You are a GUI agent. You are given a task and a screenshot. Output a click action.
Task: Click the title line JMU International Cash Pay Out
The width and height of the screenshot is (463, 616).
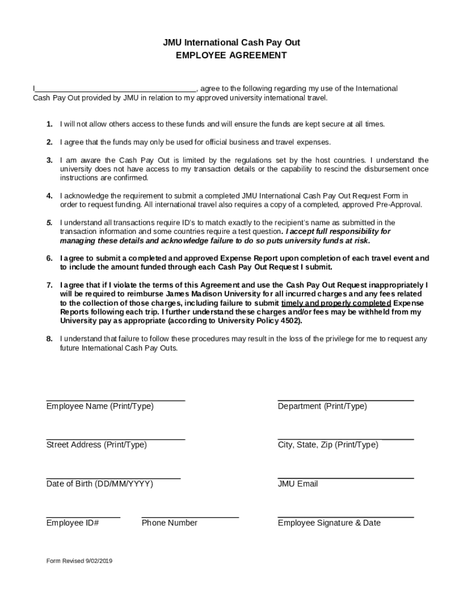click(x=231, y=43)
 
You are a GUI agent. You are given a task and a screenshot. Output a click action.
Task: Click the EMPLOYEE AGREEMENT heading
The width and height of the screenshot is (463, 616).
click(x=231, y=55)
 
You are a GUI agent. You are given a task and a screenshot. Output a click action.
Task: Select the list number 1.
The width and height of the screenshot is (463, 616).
click(x=49, y=124)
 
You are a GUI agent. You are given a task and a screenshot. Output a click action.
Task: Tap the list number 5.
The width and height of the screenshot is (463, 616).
click(x=49, y=223)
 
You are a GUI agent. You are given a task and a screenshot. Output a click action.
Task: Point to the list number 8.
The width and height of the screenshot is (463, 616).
click(x=49, y=339)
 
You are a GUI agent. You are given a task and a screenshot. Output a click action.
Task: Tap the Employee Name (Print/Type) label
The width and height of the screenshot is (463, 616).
click(x=100, y=406)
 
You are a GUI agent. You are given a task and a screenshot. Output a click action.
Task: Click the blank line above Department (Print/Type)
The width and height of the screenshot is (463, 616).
click(x=345, y=399)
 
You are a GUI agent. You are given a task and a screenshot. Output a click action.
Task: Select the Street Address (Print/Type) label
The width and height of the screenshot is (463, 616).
click(x=96, y=445)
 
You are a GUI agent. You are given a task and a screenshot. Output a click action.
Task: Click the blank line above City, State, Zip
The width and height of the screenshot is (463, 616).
click(x=345, y=438)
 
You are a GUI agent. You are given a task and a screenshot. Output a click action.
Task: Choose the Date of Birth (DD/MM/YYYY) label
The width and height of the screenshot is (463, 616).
click(x=99, y=484)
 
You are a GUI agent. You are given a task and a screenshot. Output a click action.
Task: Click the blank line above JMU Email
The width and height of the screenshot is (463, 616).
click(x=345, y=477)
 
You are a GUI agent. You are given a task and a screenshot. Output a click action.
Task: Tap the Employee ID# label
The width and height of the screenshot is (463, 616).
click(x=72, y=523)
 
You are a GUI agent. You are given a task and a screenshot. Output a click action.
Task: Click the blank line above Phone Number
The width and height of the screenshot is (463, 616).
click(x=190, y=516)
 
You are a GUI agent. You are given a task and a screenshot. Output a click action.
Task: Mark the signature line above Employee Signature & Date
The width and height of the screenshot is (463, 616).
click(x=345, y=516)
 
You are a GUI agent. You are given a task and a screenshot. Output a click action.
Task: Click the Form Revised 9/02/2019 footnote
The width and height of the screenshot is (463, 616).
click(x=79, y=561)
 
